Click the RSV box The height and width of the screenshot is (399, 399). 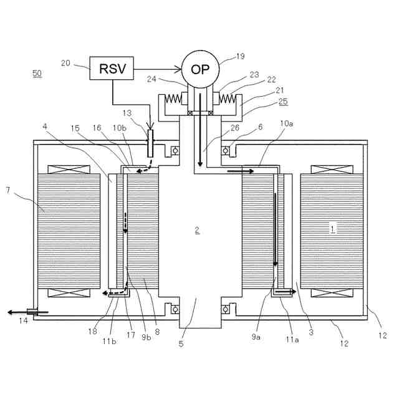tap(113, 67)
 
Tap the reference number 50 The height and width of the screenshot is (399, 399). tap(37, 74)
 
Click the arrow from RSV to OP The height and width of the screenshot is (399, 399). tap(157, 67)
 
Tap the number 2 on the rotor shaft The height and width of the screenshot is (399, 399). tap(197, 231)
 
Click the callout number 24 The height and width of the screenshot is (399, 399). tap(151, 79)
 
